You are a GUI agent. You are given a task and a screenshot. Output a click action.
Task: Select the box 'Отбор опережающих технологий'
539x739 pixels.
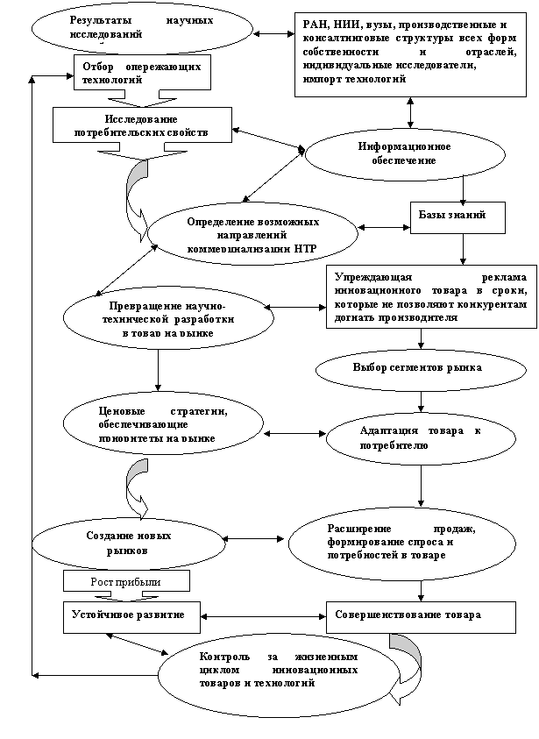click(x=141, y=73)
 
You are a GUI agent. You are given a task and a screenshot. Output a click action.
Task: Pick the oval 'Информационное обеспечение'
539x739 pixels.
click(x=404, y=153)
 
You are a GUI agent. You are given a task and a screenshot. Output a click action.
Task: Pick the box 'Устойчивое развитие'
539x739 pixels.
click(x=129, y=615)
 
